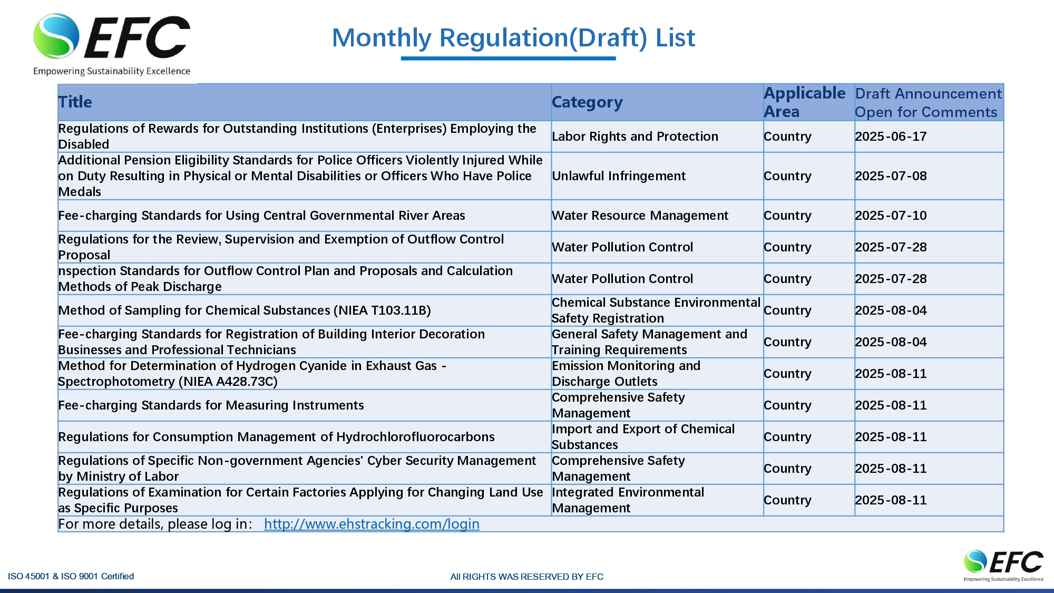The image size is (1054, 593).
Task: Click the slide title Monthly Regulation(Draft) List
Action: coord(513,38)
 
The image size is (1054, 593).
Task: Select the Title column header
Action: coord(75,102)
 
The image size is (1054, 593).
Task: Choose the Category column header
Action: coord(587,102)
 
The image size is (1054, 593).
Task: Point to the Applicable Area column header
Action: coord(804,102)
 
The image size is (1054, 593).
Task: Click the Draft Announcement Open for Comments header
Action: coord(928,103)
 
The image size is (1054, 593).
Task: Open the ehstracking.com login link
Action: coord(372,524)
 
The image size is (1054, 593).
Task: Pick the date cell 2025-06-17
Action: coord(891,137)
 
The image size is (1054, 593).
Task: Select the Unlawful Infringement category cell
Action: coord(619,176)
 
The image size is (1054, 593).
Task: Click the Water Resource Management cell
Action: coord(640,216)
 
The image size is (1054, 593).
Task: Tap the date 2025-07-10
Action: coord(891,216)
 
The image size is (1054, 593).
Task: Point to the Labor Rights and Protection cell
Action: coord(635,137)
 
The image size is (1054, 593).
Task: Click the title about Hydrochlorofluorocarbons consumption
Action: coord(276,437)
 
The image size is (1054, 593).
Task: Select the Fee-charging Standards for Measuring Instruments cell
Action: coord(211,405)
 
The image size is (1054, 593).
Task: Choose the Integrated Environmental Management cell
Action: coord(628,500)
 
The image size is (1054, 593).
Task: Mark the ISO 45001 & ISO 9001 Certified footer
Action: coord(71,576)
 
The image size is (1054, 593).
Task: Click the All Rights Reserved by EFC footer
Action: coord(526,577)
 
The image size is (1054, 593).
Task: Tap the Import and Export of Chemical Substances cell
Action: coord(643,437)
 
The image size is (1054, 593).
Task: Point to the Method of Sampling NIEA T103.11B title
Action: coord(245,310)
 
